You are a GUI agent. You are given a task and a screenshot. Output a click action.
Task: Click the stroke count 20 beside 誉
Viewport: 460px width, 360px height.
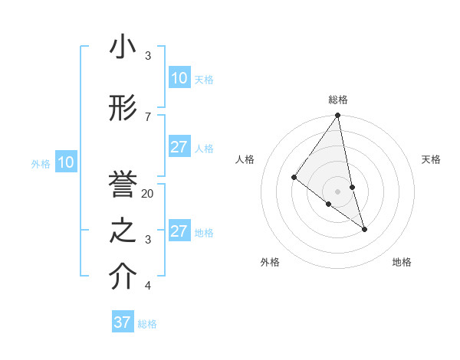point(148,194)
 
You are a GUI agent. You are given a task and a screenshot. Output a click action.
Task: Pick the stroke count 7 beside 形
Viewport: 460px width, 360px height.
point(148,116)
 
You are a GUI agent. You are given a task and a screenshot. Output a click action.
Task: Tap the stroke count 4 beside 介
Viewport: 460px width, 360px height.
point(148,286)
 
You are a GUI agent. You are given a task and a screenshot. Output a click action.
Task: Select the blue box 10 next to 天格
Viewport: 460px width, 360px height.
point(179,78)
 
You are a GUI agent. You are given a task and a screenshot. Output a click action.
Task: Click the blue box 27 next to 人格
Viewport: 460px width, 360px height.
point(179,147)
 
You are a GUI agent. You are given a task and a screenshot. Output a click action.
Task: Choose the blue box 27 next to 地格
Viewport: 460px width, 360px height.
point(179,231)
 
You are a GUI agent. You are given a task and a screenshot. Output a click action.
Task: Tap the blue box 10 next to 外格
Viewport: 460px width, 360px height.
point(66,162)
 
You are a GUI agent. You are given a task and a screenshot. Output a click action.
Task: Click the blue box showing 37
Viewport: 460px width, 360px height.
point(123,322)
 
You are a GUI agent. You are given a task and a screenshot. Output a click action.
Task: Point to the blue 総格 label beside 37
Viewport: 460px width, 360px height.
point(147,324)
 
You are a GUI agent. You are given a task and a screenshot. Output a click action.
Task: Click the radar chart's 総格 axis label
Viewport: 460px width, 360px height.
point(338,100)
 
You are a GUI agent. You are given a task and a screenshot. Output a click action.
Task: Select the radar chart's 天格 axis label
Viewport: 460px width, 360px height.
point(432,159)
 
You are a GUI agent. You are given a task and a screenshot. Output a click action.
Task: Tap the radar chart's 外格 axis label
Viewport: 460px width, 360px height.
point(270,262)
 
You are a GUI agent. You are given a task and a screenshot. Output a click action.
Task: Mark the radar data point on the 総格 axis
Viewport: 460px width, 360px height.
point(337,116)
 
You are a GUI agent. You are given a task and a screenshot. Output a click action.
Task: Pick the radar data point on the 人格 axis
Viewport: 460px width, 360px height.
point(294,178)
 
